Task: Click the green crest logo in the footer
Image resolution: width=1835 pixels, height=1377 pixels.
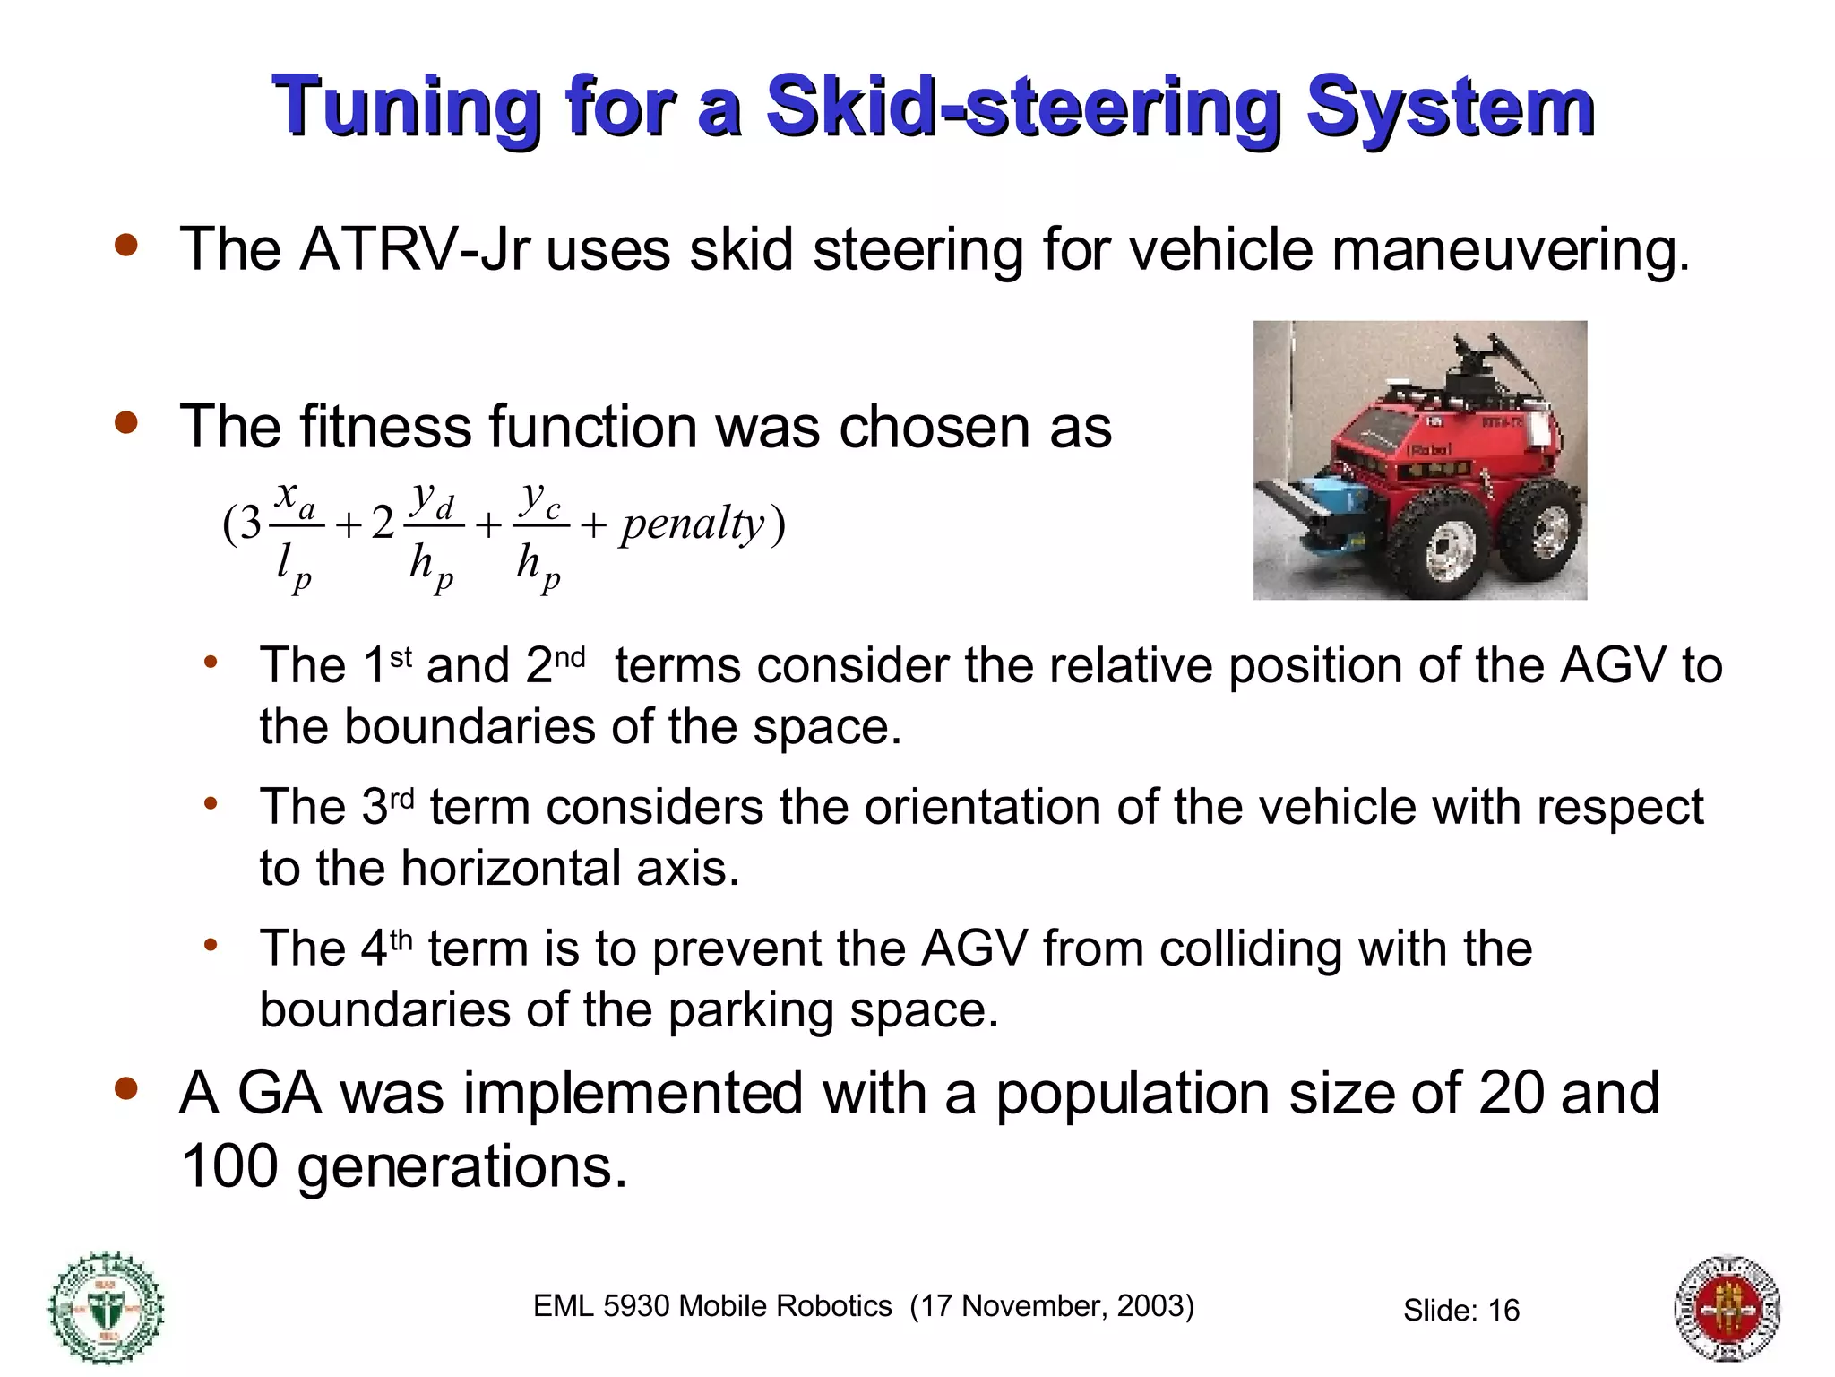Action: tap(106, 1307)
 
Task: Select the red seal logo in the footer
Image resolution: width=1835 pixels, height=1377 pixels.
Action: tap(1727, 1308)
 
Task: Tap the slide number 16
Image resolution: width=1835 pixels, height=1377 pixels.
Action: tap(1503, 1311)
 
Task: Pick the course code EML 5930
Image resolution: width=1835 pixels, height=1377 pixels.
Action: tap(600, 1306)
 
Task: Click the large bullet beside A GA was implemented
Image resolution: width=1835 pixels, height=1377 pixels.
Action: tap(126, 1088)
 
